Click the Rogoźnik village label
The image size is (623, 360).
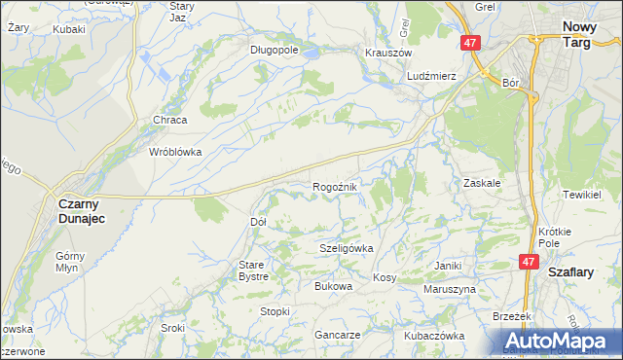(x=338, y=186)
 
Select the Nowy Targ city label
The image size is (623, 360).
(x=586, y=37)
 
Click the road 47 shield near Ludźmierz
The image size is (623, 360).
(x=470, y=44)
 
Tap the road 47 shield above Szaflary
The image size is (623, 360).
(x=529, y=262)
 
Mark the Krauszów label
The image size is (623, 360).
(x=388, y=53)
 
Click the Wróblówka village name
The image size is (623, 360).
(x=174, y=152)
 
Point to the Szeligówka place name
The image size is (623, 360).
(x=347, y=248)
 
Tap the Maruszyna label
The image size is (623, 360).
(x=449, y=290)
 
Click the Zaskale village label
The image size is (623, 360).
(x=482, y=182)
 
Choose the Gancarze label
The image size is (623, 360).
(x=338, y=335)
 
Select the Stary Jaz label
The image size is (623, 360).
(x=177, y=12)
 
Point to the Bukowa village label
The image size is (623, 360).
(x=332, y=286)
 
